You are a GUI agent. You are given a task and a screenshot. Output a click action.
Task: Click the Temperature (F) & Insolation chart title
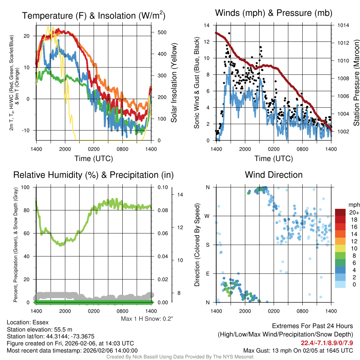pyautogui.click(x=94, y=15)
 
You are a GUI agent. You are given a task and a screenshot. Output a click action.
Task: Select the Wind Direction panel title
pyautogui.click(x=274, y=175)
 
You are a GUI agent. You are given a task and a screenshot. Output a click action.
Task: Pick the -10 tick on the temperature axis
pyautogui.click(x=27, y=130)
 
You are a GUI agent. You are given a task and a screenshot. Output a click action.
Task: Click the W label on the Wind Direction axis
pyautogui.click(x=207, y=216)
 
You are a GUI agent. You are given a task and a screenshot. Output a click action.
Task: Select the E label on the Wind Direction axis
pyautogui.click(x=208, y=274)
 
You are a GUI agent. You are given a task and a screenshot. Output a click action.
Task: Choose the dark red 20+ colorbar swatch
pyautogui.click(x=340, y=212)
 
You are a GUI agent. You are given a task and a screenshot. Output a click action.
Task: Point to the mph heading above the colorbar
pyautogui.click(x=353, y=205)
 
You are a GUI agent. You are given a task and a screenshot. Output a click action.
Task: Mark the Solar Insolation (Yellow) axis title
pyautogui.click(x=174, y=83)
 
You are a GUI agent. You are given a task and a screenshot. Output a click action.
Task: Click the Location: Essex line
pyautogui.click(x=27, y=322)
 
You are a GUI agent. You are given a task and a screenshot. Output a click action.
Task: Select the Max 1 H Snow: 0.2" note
pyautogui.click(x=147, y=319)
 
